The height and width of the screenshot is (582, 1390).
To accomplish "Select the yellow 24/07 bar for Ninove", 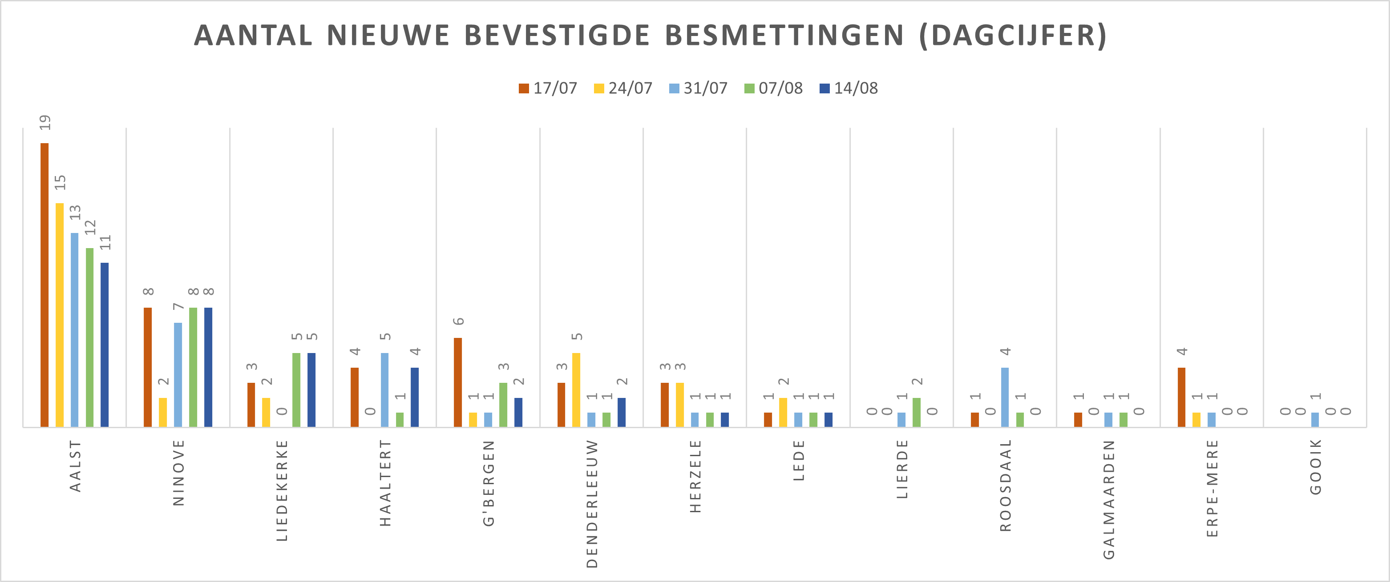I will pos(163,412).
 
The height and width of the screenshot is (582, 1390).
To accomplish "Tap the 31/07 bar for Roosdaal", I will pos(1005,397).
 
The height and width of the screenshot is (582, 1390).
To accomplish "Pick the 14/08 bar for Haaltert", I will pos(414,397).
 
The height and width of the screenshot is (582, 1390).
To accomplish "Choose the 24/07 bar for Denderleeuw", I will pos(576,389).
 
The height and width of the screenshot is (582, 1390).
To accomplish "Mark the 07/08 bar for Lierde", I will pos(916,412).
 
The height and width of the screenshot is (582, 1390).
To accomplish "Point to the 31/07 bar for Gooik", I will pos(1315,420).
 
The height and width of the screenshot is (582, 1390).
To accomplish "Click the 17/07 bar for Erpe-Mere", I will pos(1182,397).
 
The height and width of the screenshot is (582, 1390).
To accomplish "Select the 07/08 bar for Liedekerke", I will pos(296,389).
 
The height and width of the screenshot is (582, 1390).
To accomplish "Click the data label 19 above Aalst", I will pos(45,122).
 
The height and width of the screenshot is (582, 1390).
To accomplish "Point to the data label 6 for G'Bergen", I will pos(459,321).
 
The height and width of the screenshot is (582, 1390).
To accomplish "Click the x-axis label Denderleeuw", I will pos(592,503).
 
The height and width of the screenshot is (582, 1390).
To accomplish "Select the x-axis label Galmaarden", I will pos(1109,499).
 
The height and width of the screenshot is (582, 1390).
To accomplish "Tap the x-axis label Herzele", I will pos(695,476).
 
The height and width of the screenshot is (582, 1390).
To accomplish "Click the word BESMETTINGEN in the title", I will pos(784,36).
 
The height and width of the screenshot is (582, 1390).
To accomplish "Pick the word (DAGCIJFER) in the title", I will pos(1013,36).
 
